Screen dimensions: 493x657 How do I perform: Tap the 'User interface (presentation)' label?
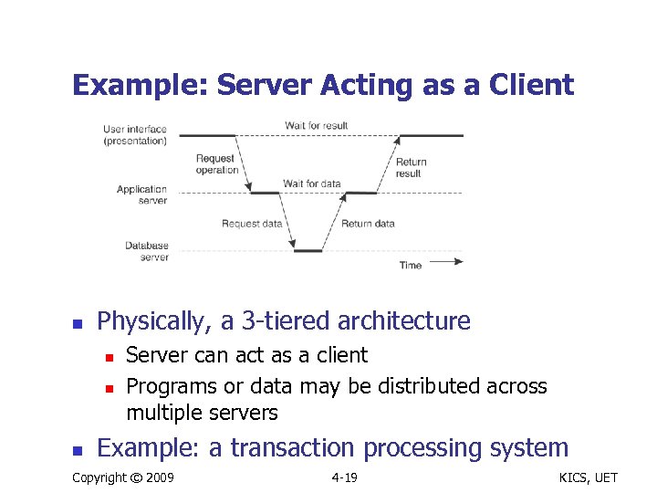coord(135,135)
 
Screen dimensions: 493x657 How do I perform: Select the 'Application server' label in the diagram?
coord(142,195)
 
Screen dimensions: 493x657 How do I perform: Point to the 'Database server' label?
coord(147,251)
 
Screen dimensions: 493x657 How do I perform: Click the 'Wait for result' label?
coord(316,125)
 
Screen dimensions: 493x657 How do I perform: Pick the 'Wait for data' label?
coord(311,184)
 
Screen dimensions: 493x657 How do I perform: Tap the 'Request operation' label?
coord(216,164)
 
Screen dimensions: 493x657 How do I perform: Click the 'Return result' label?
coord(411,168)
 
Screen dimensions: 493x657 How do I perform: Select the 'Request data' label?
coord(253,224)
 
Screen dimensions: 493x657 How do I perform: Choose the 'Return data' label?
coord(368,224)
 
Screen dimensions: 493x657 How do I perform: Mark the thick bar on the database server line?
coord(308,250)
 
